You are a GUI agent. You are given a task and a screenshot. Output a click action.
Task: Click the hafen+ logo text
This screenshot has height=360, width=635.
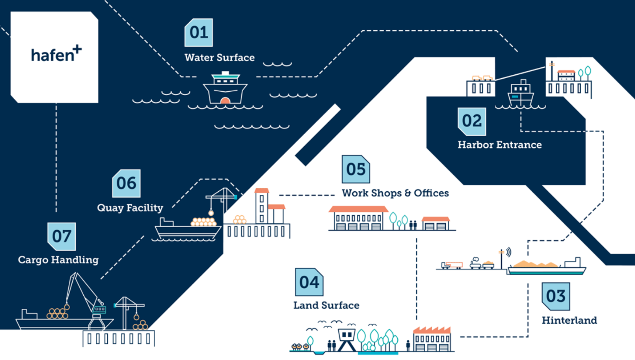tap(56, 53)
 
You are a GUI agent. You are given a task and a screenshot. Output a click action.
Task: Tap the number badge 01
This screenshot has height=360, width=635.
tap(199, 32)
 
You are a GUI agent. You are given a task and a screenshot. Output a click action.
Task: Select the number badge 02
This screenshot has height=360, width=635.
tap(472, 121)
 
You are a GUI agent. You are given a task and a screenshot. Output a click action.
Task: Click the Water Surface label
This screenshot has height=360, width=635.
tap(220, 58)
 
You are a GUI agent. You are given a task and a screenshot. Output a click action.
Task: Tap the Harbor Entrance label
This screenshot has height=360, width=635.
tap(500, 145)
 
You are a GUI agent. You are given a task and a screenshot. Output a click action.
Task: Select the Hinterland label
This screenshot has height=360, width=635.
tap(570, 320)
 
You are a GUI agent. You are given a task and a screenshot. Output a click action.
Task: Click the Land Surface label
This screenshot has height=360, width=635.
tap(326, 305)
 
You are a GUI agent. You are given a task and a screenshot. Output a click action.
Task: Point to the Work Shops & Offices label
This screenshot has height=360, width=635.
tap(395, 193)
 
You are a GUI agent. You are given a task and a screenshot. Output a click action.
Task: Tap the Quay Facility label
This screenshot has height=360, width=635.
tap(130, 208)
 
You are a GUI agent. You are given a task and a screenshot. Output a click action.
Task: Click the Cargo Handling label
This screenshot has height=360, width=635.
tap(59, 260)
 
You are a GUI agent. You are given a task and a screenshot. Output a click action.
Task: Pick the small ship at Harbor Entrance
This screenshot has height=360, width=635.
tap(521, 94)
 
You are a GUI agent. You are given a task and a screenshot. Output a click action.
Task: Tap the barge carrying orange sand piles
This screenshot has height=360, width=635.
tap(547, 266)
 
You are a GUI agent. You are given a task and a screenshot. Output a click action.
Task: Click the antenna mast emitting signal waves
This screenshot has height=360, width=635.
tap(502, 258)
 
